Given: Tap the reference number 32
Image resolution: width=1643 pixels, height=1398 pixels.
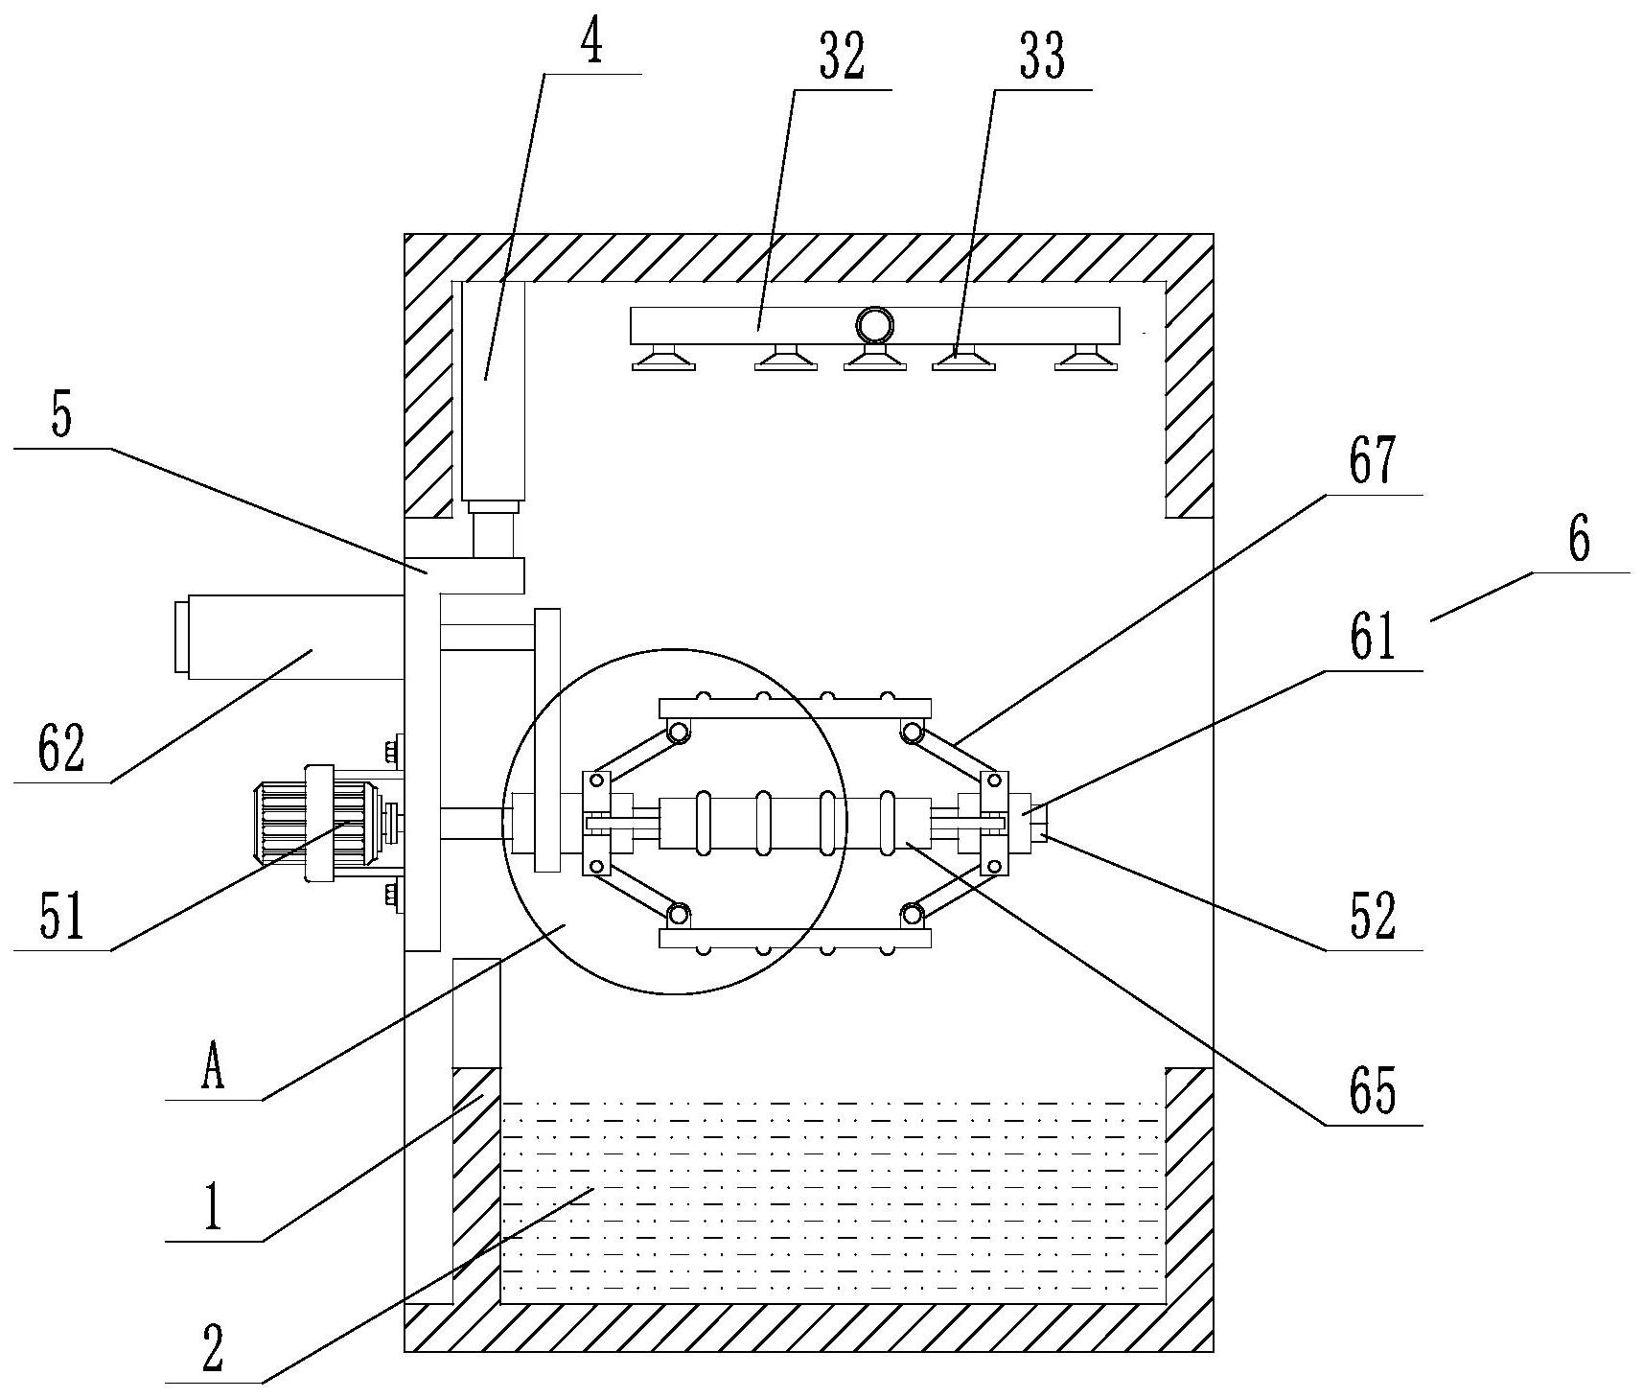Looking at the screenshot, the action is [842, 58].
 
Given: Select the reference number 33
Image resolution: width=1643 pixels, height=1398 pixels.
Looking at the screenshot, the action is [1042, 58].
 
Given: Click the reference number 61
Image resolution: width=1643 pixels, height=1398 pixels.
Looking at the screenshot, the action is [1373, 639].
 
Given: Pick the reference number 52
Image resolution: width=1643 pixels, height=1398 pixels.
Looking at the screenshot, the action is [1373, 917].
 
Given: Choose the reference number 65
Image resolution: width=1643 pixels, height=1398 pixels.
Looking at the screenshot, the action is [1373, 1091].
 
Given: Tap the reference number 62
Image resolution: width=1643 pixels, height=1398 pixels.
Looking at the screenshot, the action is [62, 749].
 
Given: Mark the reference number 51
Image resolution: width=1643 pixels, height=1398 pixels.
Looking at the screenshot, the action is [62, 916].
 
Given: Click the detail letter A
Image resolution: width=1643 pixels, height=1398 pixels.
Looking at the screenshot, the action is [213, 1068].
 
